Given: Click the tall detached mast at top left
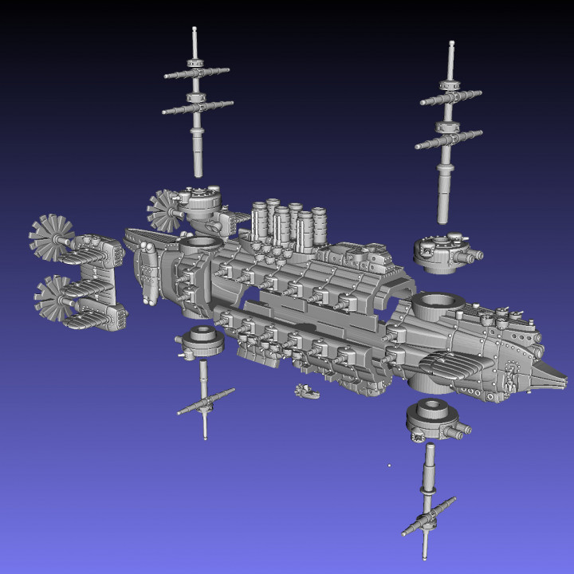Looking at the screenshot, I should click(x=196, y=104).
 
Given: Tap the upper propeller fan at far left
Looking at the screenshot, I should click(x=53, y=238).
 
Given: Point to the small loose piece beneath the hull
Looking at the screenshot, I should click(x=305, y=390).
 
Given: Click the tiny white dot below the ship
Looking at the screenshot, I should click(x=388, y=465).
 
